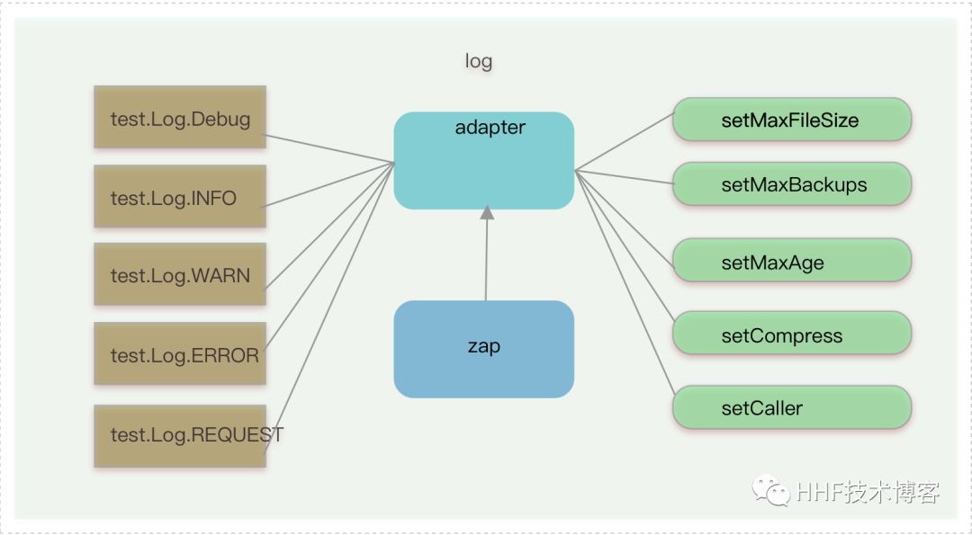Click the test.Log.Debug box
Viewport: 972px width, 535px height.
[180, 118]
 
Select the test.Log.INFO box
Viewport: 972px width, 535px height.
[180, 197]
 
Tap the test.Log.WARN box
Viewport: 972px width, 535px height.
[180, 274]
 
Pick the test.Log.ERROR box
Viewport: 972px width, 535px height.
[180, 354]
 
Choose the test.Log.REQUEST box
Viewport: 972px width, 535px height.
[180, 435]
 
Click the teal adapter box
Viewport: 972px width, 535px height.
[484, 161]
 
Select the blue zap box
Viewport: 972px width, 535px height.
[484, 349]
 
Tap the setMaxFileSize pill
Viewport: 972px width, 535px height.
[792, 120]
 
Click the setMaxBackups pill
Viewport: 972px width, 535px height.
[792, 184]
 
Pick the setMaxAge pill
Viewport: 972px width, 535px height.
[792, 263]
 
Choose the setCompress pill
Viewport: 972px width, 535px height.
[792, 335]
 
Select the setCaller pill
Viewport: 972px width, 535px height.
[792, 407]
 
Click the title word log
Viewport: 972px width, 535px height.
[478, 61]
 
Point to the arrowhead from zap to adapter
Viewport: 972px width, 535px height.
[487, 213]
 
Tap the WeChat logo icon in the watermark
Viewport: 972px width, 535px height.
[772, 491]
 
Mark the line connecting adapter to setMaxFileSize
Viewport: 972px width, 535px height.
[624, 142]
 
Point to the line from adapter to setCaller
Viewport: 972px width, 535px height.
[625, 282]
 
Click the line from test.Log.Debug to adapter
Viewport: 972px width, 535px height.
[329, 149]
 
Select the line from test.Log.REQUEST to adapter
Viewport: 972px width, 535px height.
[329, 306]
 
